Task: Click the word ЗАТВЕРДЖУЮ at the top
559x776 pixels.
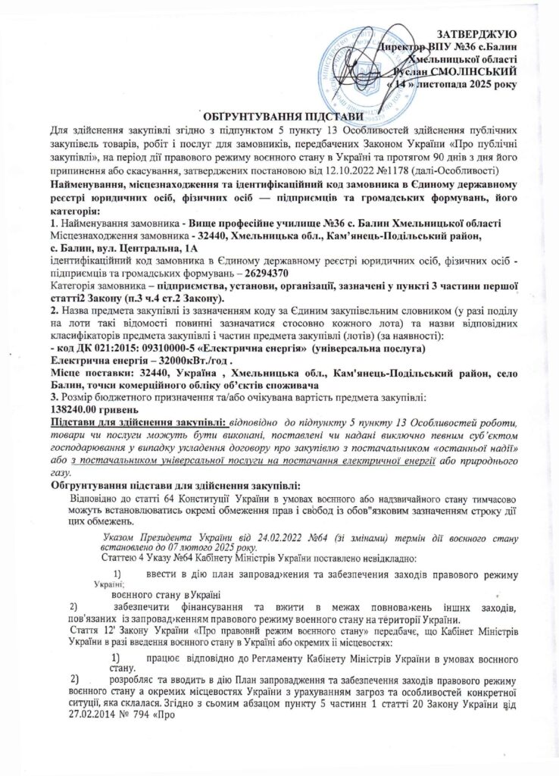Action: point(479,34)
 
